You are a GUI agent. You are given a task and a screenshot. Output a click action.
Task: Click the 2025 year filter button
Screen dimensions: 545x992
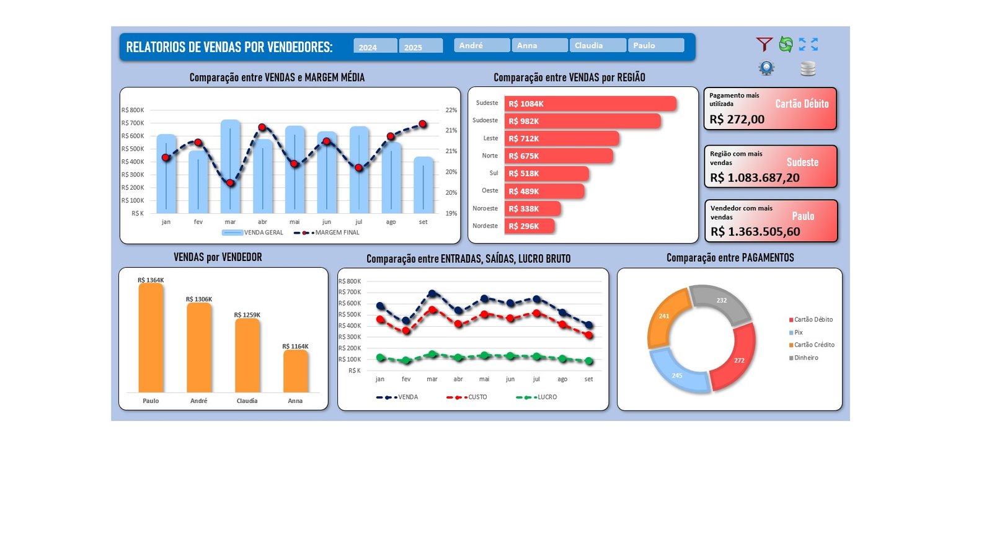(x=420, y=47)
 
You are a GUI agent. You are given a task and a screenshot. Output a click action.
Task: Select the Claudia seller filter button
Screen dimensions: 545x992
(x=597, y=45)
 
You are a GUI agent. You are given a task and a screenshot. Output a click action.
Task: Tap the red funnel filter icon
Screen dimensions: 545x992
(x=764, y=44)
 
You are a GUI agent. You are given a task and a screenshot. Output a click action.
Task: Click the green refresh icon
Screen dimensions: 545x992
(x=786, y=44)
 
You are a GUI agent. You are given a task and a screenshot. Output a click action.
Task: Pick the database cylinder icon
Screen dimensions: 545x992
(x=807, y=68)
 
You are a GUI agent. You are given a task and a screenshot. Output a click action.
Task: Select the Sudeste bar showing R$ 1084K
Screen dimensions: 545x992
(x=590, y=104)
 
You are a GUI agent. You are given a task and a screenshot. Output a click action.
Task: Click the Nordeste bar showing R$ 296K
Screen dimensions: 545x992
(x=529, y=226)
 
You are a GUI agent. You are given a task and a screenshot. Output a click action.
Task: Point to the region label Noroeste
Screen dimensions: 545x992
(x=485, y=208)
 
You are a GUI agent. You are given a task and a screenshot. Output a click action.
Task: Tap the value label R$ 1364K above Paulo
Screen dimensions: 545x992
(x=151, y=280)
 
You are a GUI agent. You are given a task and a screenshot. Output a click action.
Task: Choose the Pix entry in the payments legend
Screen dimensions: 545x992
(x=798, y=332)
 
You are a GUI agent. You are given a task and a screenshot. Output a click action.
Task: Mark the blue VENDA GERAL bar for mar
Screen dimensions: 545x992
(x=230, y=167)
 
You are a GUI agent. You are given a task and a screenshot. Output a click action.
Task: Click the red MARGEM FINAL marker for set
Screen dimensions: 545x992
(x=423, y=124)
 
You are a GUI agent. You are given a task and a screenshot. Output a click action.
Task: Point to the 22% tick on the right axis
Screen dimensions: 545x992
(x=451, y=110)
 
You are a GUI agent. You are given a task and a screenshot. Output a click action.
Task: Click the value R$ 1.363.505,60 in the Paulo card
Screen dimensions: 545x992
(x=755, y=232)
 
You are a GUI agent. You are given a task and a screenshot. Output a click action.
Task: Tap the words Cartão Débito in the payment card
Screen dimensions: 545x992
(x=801, y=104)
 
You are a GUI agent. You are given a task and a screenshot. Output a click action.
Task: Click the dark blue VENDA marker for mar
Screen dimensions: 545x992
(x=432, y=293)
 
